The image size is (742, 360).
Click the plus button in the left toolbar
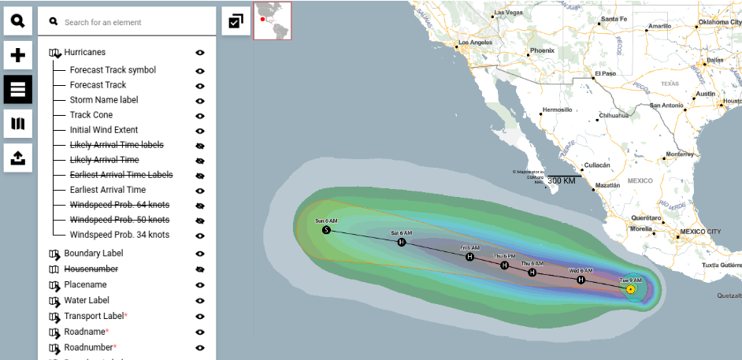coord(17,55)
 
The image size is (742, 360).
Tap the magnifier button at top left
coord(17,21)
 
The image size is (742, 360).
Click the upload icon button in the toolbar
coord(17,158)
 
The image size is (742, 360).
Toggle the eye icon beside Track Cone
coord(200,115)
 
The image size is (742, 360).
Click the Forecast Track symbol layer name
coord(113,70)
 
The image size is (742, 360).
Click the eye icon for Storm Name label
coord(200,100)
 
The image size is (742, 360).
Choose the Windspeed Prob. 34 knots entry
coord(119,235)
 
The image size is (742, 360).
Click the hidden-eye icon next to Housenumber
coord(200,269)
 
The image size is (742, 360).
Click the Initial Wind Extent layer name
coord(103,130)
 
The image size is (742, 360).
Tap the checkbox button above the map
coord(236,21)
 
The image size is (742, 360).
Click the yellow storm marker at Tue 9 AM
coord(631,290)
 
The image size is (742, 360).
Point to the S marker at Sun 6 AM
coord(326,230)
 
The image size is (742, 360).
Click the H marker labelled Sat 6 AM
coord(402,242)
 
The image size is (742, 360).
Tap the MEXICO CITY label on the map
coord(699,232)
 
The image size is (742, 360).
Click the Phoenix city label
coord(542,50)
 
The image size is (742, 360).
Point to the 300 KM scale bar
coord(562,180)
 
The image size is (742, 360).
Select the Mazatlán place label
coord(607,185)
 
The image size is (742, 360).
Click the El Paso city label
coord(605,74)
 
